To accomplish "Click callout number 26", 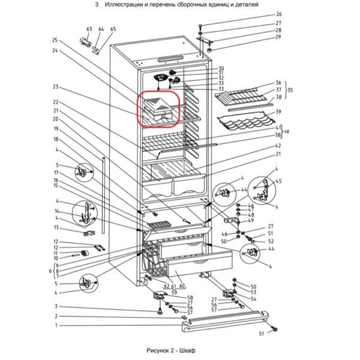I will pyautogui.click(x=278, y=14).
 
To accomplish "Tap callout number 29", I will pyautogui.click(x=278, y=37).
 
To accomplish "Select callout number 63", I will pyautogui.click(x=89, y=29).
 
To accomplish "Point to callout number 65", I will pyautogui.click(x=113, y=29).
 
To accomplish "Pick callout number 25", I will pyautogui.click(x=55, y=40).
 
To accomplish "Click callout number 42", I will pyautogui.click(x=278, y=146).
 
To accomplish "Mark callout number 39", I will pyautogui.click(x=278, y=112).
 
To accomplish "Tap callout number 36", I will pyautogui.click(x=278, y=83).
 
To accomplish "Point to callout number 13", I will pyautogui.click(x=56, y=227).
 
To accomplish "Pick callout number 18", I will pyautogui.click(x=55, y=139).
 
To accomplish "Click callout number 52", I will pyautogui.click(x=271, y=241).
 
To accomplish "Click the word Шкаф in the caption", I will pyautogui.click(x=188, y=350).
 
